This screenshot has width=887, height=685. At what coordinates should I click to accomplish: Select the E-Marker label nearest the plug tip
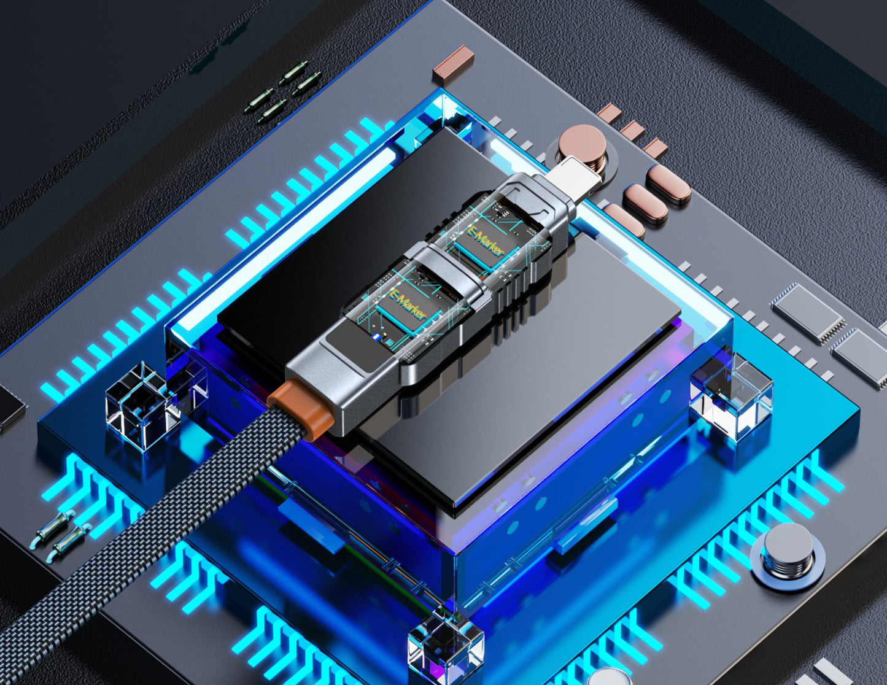[x=486, y=241]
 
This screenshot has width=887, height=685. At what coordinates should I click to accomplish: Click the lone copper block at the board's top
[x=454, y=61]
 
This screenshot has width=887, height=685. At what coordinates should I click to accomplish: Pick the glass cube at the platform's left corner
[x=143, y=405]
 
